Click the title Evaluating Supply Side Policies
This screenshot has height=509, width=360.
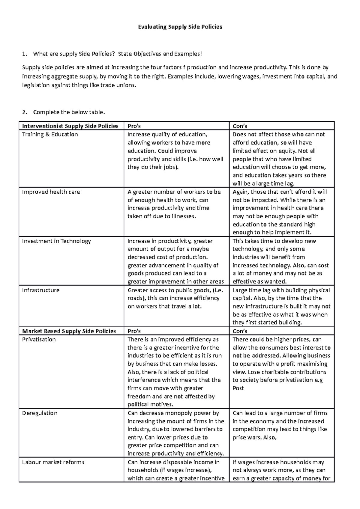[180, 27]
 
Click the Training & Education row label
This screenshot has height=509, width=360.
[50, 134]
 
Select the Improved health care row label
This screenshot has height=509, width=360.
[51, 192]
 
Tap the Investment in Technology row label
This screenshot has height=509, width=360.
[56, 241]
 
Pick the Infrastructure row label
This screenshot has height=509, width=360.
[41, 290]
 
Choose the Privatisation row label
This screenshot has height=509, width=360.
[39, 339]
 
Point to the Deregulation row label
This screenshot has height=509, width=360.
[40, 413]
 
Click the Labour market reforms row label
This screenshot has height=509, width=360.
[53, 462]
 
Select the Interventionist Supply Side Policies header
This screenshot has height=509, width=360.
[70, 126]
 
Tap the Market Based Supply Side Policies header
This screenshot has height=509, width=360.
[69, 331]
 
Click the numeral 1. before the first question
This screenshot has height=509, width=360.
[25, 54]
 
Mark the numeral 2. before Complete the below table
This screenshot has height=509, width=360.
[25, 112]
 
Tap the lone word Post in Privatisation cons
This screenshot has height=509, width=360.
[238, 388]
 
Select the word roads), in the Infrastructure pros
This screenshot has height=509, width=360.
[136, 298]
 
